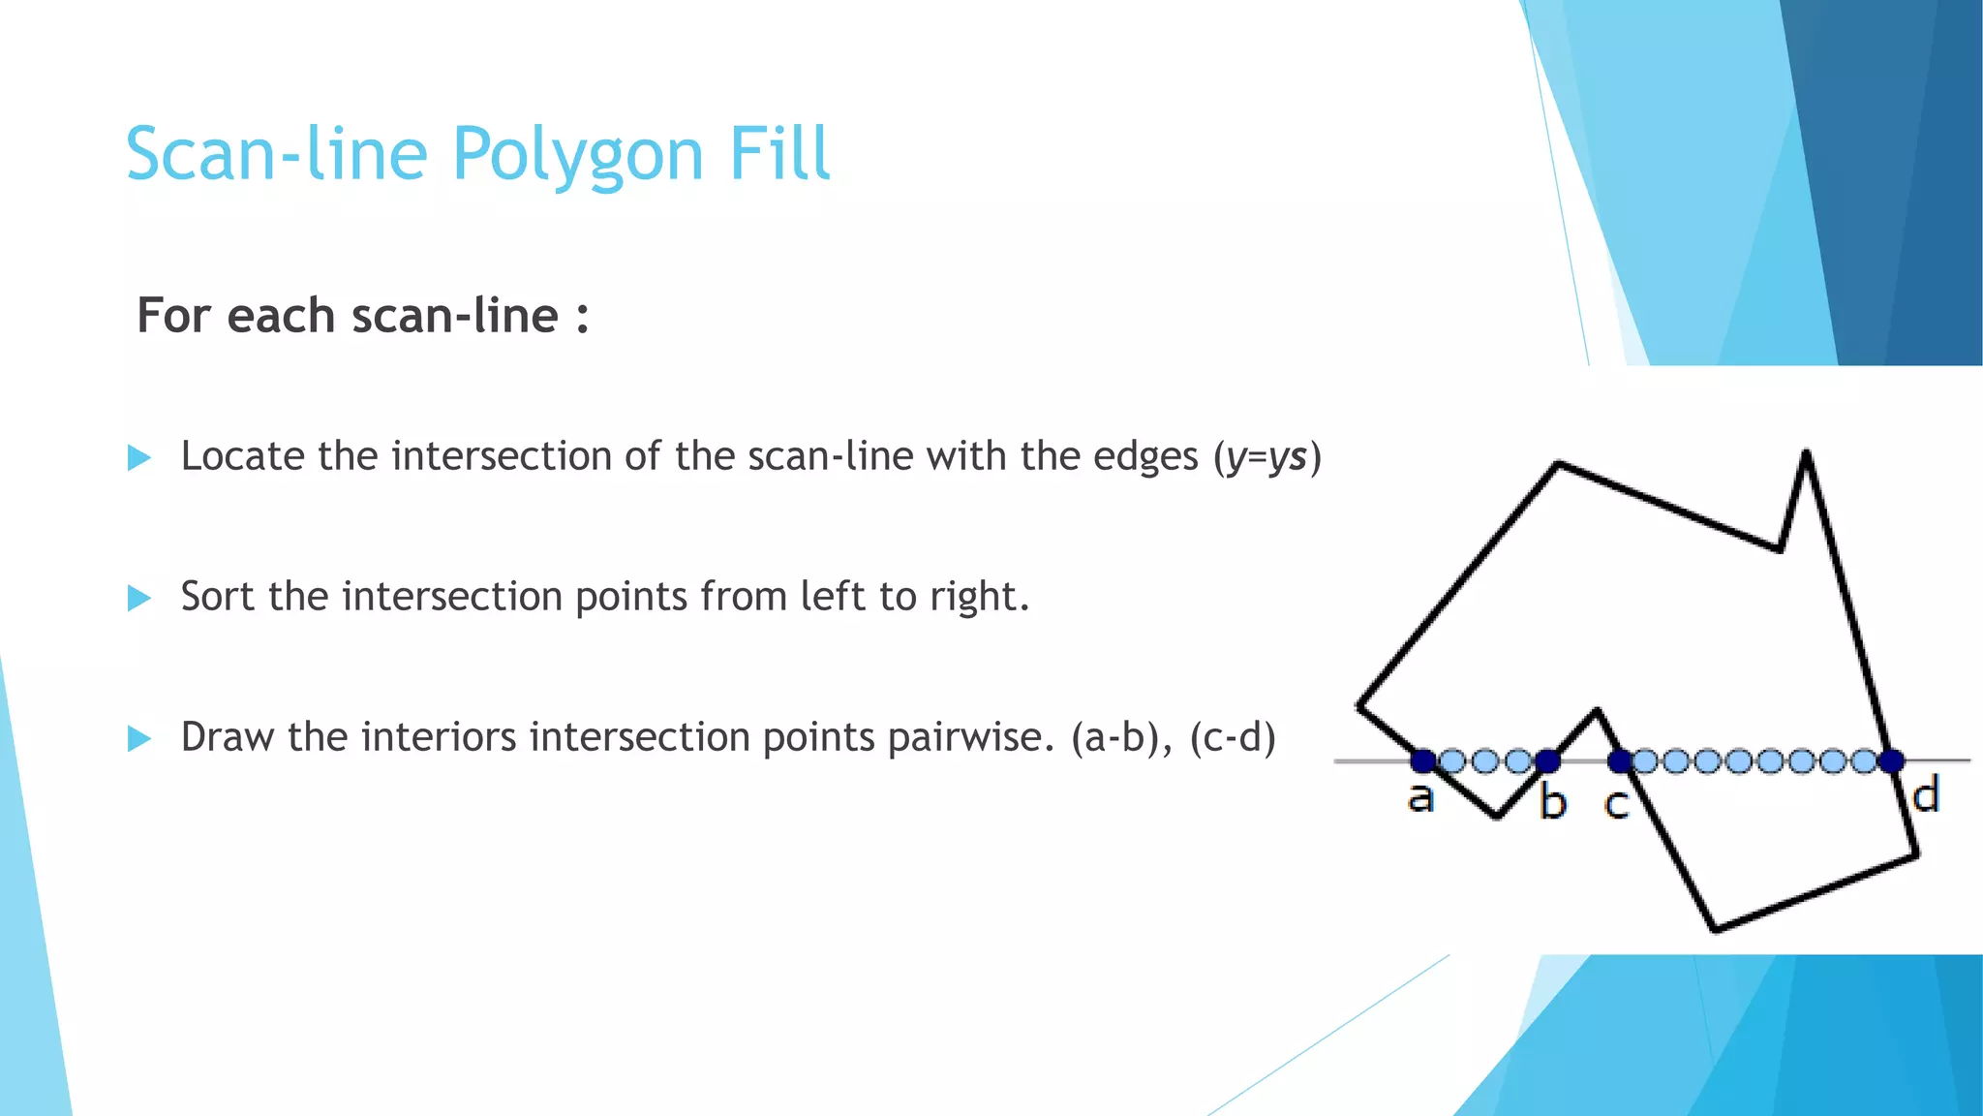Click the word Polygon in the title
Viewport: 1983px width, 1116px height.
(x=577, y=155)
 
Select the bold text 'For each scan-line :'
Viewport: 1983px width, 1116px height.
(x=363, y=316)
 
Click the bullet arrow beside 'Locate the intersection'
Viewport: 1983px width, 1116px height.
(x=139, y=457)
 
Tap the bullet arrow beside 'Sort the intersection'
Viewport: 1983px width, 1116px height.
(x=139, y=598)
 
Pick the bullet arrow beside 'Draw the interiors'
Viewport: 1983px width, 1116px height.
(x=139, y=739)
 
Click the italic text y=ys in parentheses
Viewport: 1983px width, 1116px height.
(x=1266, y=457)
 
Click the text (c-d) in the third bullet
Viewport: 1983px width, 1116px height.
(x=1232, y=738)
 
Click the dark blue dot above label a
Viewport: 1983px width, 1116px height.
(x=1422, y=760)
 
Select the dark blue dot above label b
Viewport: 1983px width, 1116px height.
(x=1547, y=760)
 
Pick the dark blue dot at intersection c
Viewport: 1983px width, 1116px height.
(x=1620, y=761)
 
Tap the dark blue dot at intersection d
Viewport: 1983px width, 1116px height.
(x=1892, y=761)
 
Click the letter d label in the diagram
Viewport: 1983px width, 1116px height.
(x=1926, y=796)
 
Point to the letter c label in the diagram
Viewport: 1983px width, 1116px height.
(x=1617, y=804)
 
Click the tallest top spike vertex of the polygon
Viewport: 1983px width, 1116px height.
(x=1806, y=452)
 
